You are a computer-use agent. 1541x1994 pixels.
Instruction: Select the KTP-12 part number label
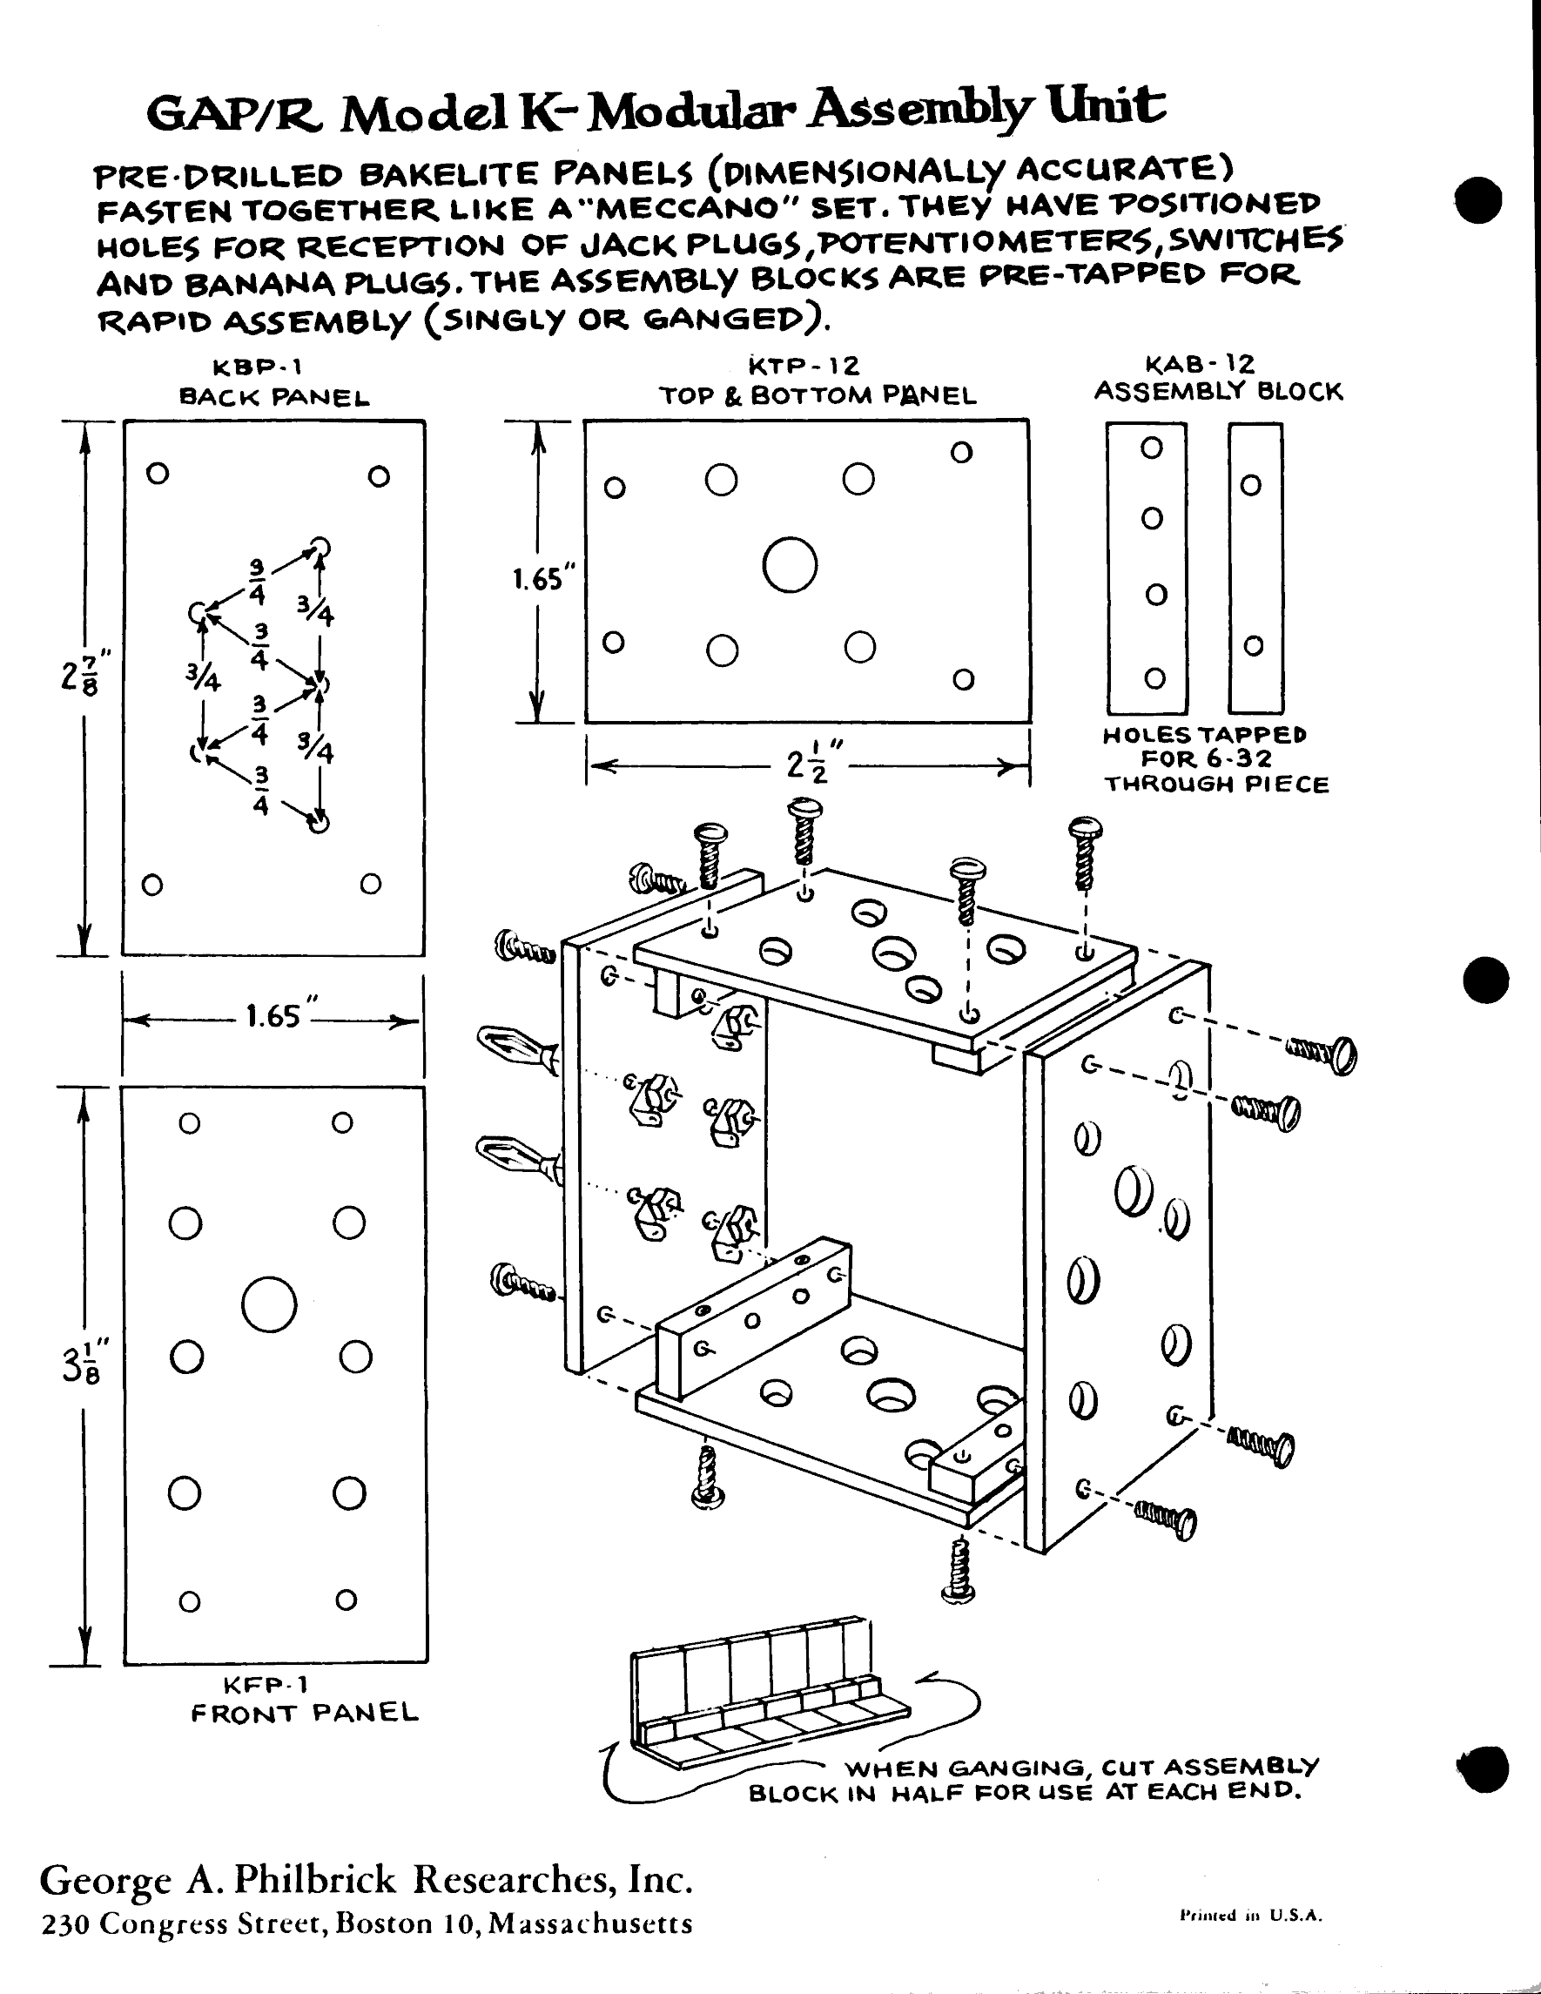(x=804, y=366)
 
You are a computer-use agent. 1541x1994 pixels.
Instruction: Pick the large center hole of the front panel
(x=269, y=1304)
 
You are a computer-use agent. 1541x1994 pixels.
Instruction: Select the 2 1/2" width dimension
(x=808, y=764)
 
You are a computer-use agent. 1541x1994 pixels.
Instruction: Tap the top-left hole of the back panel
(x=158, y=474)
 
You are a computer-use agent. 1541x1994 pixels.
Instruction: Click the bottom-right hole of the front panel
(x=346, y=1600)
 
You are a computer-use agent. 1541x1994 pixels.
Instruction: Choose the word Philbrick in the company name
(x=315, y=1880)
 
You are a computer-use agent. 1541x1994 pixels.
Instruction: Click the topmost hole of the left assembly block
(x=1152, y=448)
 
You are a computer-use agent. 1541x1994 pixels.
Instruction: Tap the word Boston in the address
(x=384, y=1924)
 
